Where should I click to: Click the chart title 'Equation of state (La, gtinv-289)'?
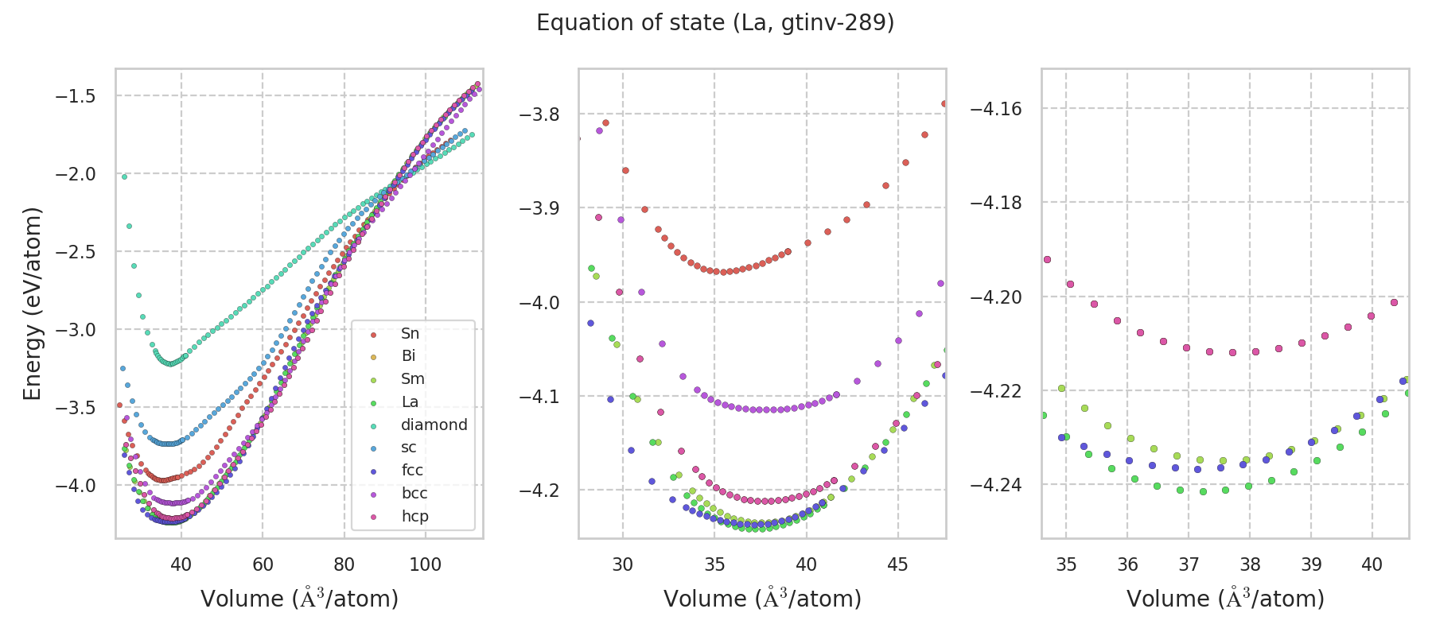(x=715, y=23)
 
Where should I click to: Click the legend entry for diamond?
(x=434, y=425)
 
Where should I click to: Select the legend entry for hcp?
(x=414, y=516)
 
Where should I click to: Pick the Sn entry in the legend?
(x=410, y=333)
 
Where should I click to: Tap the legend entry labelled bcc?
(x=414, y=493)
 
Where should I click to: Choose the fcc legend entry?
(x=412, y=470)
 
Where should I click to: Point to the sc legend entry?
(x=408, y=447)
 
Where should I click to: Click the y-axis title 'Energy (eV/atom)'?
(x=32, y=303)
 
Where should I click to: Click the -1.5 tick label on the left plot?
(x=75, y=96)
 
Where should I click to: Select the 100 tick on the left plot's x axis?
(x=425, y=564)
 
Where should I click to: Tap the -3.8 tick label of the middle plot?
(x=539, y=114)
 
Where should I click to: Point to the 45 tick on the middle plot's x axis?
(x=897, y=564)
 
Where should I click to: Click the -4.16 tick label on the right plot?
(x=997, y=108)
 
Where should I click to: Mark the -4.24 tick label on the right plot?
(x=997, y=484)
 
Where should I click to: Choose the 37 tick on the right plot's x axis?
(x=1189, y=564)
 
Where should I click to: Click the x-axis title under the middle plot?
(x=762, y=599)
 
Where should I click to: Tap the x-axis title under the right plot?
(x=1225, y=599)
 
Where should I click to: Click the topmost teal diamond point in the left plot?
(x=124, y=176)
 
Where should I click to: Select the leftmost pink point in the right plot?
(x=1047, y=259)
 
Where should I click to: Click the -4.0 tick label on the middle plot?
(x=539, y=303)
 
